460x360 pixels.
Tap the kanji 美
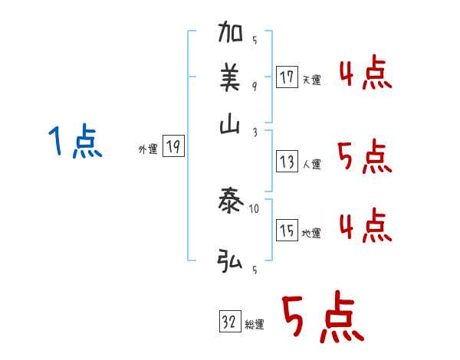[x=230, y=77]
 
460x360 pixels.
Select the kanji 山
[x=230, y=126]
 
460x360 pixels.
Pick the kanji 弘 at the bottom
[x=230, y=261]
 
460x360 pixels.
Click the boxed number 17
[x=287, y=77]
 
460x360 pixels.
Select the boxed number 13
[x=287, y=161]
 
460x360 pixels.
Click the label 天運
[x=311, y=80]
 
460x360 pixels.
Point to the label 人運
[x=311, y=163]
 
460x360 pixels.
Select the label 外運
[x=148, y=150]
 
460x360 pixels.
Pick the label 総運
[x=255, y=324]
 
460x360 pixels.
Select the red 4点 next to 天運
[x=366, y=74]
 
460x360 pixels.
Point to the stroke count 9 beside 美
[x=254, y=85]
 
